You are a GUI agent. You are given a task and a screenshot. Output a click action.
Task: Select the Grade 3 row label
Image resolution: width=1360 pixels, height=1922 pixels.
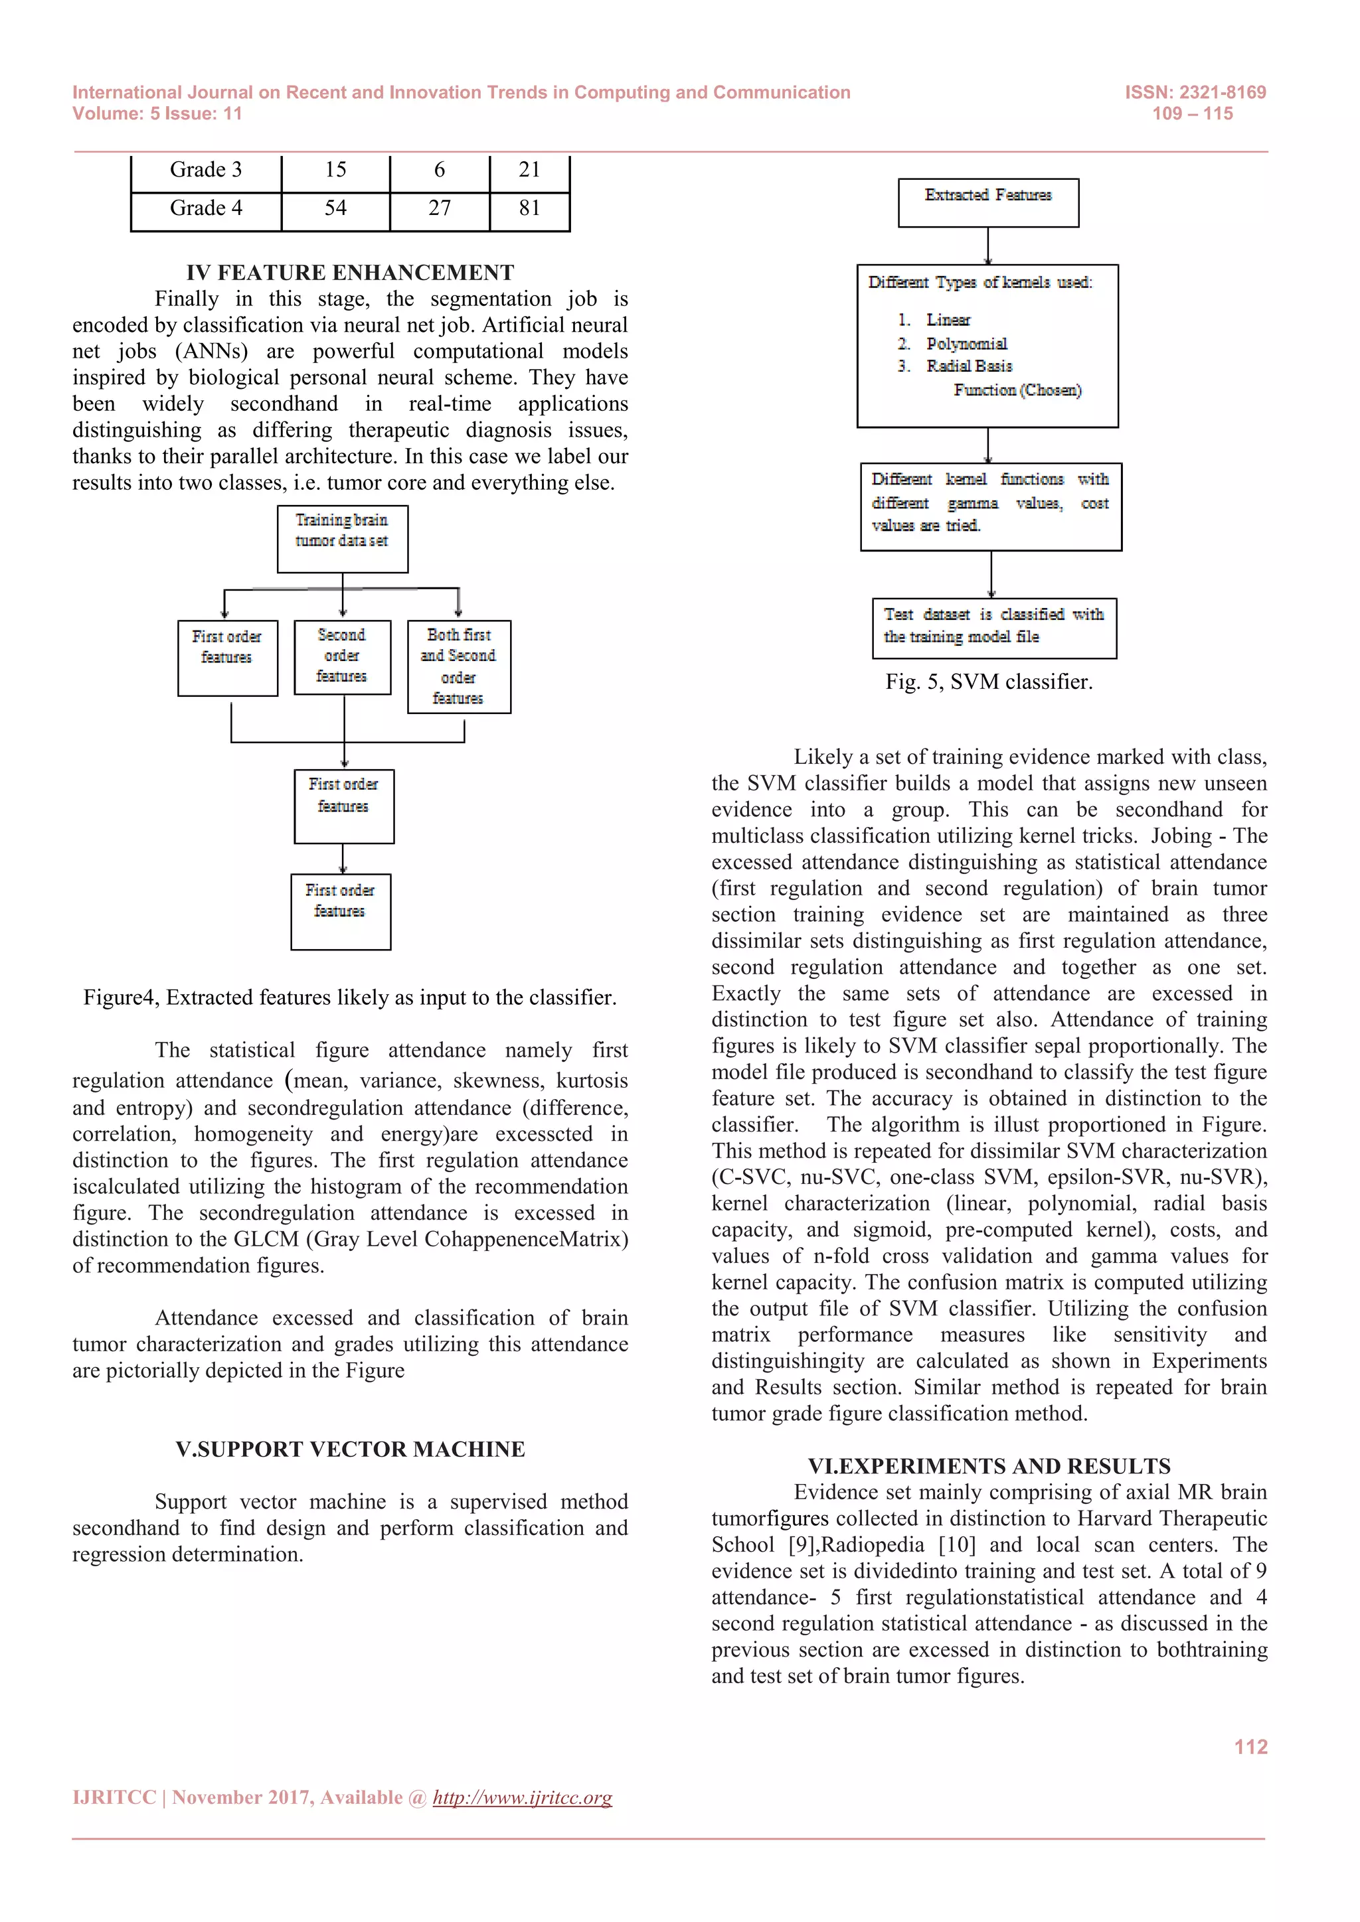tap(205, 170)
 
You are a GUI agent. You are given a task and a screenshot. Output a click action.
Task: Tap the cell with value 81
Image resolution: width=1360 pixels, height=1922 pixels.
tap(529, 208)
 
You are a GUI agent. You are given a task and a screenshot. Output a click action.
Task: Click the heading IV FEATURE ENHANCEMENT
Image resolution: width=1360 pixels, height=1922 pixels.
tap(350, 272)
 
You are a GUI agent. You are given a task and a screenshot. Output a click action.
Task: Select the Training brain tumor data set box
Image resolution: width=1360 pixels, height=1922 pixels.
tap(343, 538)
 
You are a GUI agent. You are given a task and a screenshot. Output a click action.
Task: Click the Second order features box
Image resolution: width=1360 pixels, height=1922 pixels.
tap(343, 656)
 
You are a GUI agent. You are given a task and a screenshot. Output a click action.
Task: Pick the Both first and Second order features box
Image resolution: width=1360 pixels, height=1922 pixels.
tap(459, 666)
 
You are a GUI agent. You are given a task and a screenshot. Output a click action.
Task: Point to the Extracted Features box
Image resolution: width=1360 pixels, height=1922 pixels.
tap(988, 202)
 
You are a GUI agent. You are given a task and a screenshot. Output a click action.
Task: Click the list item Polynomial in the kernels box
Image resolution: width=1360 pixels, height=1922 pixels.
tap(966, 343)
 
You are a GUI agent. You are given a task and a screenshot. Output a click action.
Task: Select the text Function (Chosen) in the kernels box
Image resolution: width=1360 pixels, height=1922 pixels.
tap(1017, 390)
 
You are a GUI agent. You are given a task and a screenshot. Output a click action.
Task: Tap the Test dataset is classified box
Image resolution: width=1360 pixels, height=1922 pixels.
tap(994, 627)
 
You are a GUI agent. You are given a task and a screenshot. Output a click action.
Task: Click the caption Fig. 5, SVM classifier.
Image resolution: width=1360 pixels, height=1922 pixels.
tap(989, 682)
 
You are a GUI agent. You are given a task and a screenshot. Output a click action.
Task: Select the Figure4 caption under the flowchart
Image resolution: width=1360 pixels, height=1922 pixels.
tap(350, 997)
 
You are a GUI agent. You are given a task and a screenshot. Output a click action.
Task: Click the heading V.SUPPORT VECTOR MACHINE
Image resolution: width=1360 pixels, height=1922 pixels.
tap(350, 1449)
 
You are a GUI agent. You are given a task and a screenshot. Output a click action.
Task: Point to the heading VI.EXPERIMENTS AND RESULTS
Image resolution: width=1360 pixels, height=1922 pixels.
tap(989, 1466)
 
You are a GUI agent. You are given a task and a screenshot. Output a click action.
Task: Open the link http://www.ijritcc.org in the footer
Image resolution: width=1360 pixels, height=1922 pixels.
tap(522, 1797)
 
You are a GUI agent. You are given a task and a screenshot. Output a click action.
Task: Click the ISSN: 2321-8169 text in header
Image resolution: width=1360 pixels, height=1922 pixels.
tap(1195, 92)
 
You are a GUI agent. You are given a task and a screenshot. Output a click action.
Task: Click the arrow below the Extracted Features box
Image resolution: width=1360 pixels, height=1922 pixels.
tap(988, 246)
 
